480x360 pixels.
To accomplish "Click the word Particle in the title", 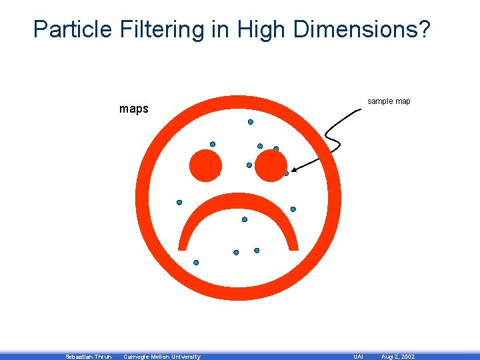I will coord(74,29).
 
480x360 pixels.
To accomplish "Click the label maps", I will coord(133,109).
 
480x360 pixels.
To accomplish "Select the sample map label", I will coord(389,101).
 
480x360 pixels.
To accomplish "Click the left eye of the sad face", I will coord(205,165).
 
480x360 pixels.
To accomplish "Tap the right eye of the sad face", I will coord(271,165).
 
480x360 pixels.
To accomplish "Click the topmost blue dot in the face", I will coord(251,122).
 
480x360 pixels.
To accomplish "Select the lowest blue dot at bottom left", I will coord(196,263).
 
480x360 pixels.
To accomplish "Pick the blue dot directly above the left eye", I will coord(213,144).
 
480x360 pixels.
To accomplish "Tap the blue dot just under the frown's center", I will coord(245,219).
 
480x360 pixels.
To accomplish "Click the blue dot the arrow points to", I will coord(286,173).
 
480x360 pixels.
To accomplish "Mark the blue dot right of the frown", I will coord(293,209).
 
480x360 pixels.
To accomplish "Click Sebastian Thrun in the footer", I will coord(88,357).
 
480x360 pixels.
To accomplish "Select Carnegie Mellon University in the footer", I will coord(162,357).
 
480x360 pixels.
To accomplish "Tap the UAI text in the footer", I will coord(357,357).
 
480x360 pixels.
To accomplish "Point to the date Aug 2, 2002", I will coord(397,357).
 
